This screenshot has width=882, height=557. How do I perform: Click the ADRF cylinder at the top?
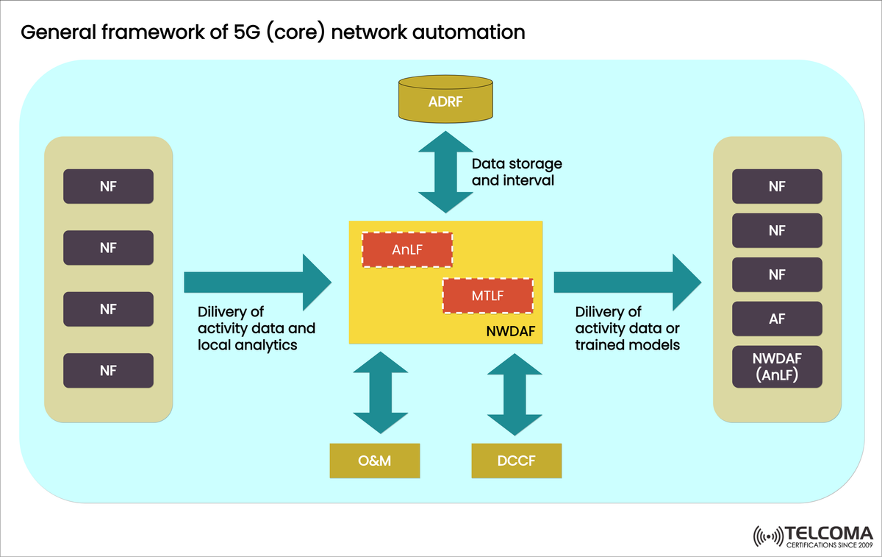445,100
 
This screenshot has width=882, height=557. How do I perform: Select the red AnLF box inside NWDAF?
406,250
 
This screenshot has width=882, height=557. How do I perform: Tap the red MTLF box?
487,296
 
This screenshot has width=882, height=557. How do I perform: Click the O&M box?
375,461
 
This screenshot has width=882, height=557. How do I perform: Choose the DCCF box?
516,461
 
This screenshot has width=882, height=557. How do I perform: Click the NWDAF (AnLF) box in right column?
777,367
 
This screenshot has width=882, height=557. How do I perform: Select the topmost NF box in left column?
108,186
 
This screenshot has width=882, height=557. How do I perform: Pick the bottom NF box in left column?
108,371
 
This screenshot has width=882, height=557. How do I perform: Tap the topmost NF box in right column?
777,186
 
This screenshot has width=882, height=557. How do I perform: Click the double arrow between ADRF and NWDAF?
446,172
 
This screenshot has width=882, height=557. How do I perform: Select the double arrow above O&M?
381,392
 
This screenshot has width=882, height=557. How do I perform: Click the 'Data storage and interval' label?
516,172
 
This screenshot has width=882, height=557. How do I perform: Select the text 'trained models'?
627,344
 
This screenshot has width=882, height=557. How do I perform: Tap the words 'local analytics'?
248,344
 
